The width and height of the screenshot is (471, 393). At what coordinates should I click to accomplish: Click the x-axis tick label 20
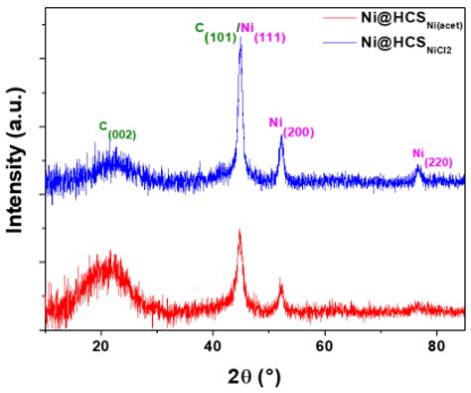(x=100, y=345)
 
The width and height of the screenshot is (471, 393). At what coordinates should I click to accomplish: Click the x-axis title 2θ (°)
(x=253, y=375)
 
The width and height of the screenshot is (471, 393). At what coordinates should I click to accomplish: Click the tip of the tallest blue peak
(x=240, y=43)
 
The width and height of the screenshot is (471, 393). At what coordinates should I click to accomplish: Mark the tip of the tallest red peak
(x=239, y=231)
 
